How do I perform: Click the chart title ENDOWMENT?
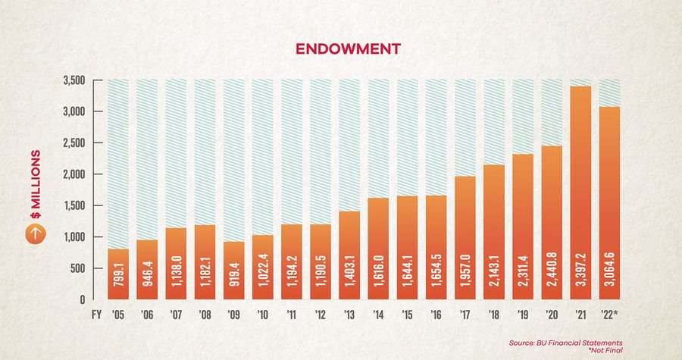341,49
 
